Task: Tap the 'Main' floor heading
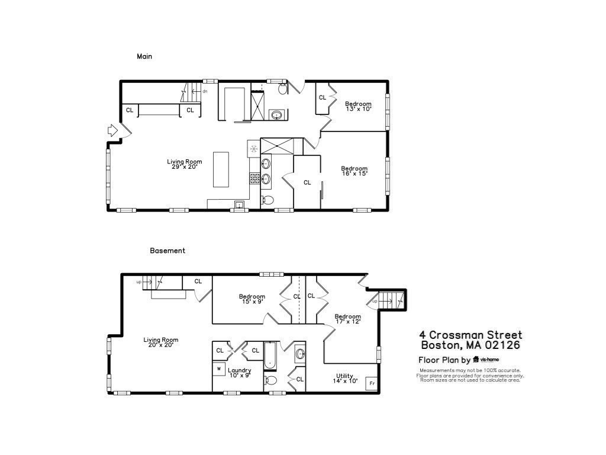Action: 144,57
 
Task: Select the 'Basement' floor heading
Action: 167,251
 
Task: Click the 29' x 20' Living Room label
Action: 185,164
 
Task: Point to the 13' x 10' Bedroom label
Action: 358,107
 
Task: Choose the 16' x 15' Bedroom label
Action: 354,171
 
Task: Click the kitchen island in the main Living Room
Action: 221,169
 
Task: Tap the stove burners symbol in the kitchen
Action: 254,177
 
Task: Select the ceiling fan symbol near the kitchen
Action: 253,148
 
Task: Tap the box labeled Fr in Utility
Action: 372,383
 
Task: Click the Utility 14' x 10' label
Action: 344,379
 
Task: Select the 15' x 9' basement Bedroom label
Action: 252,299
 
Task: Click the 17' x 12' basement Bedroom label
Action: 347,319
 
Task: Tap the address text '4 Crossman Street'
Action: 471,335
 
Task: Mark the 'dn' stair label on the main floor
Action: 205,91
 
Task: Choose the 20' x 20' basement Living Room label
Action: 160,342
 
